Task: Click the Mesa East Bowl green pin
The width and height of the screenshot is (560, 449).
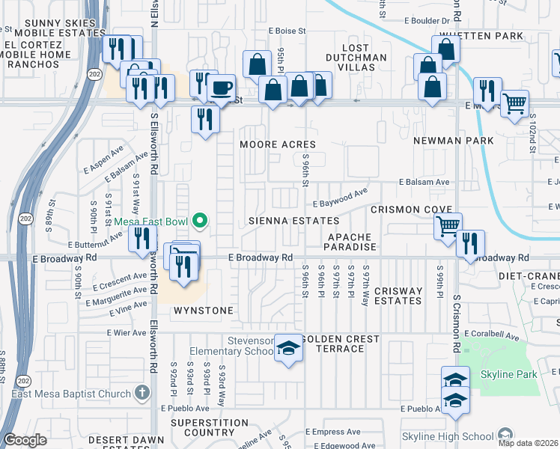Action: pos(200,221)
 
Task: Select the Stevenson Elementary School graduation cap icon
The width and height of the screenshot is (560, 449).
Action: pos(288,348)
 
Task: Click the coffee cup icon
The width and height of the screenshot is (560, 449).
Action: pos(221,88)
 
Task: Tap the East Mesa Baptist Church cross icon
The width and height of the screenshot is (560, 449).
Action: pos(142,393)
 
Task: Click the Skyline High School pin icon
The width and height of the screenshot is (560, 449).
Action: pos(505,436)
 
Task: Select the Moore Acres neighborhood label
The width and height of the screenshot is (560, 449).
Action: pos(277,144)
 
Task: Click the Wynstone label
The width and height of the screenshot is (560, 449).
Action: pos(204,310)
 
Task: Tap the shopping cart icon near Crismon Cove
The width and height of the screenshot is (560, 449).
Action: pos(448,224)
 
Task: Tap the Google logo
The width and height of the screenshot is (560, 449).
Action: pos(25,440)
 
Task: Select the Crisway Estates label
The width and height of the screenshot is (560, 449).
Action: pos(398,296)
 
